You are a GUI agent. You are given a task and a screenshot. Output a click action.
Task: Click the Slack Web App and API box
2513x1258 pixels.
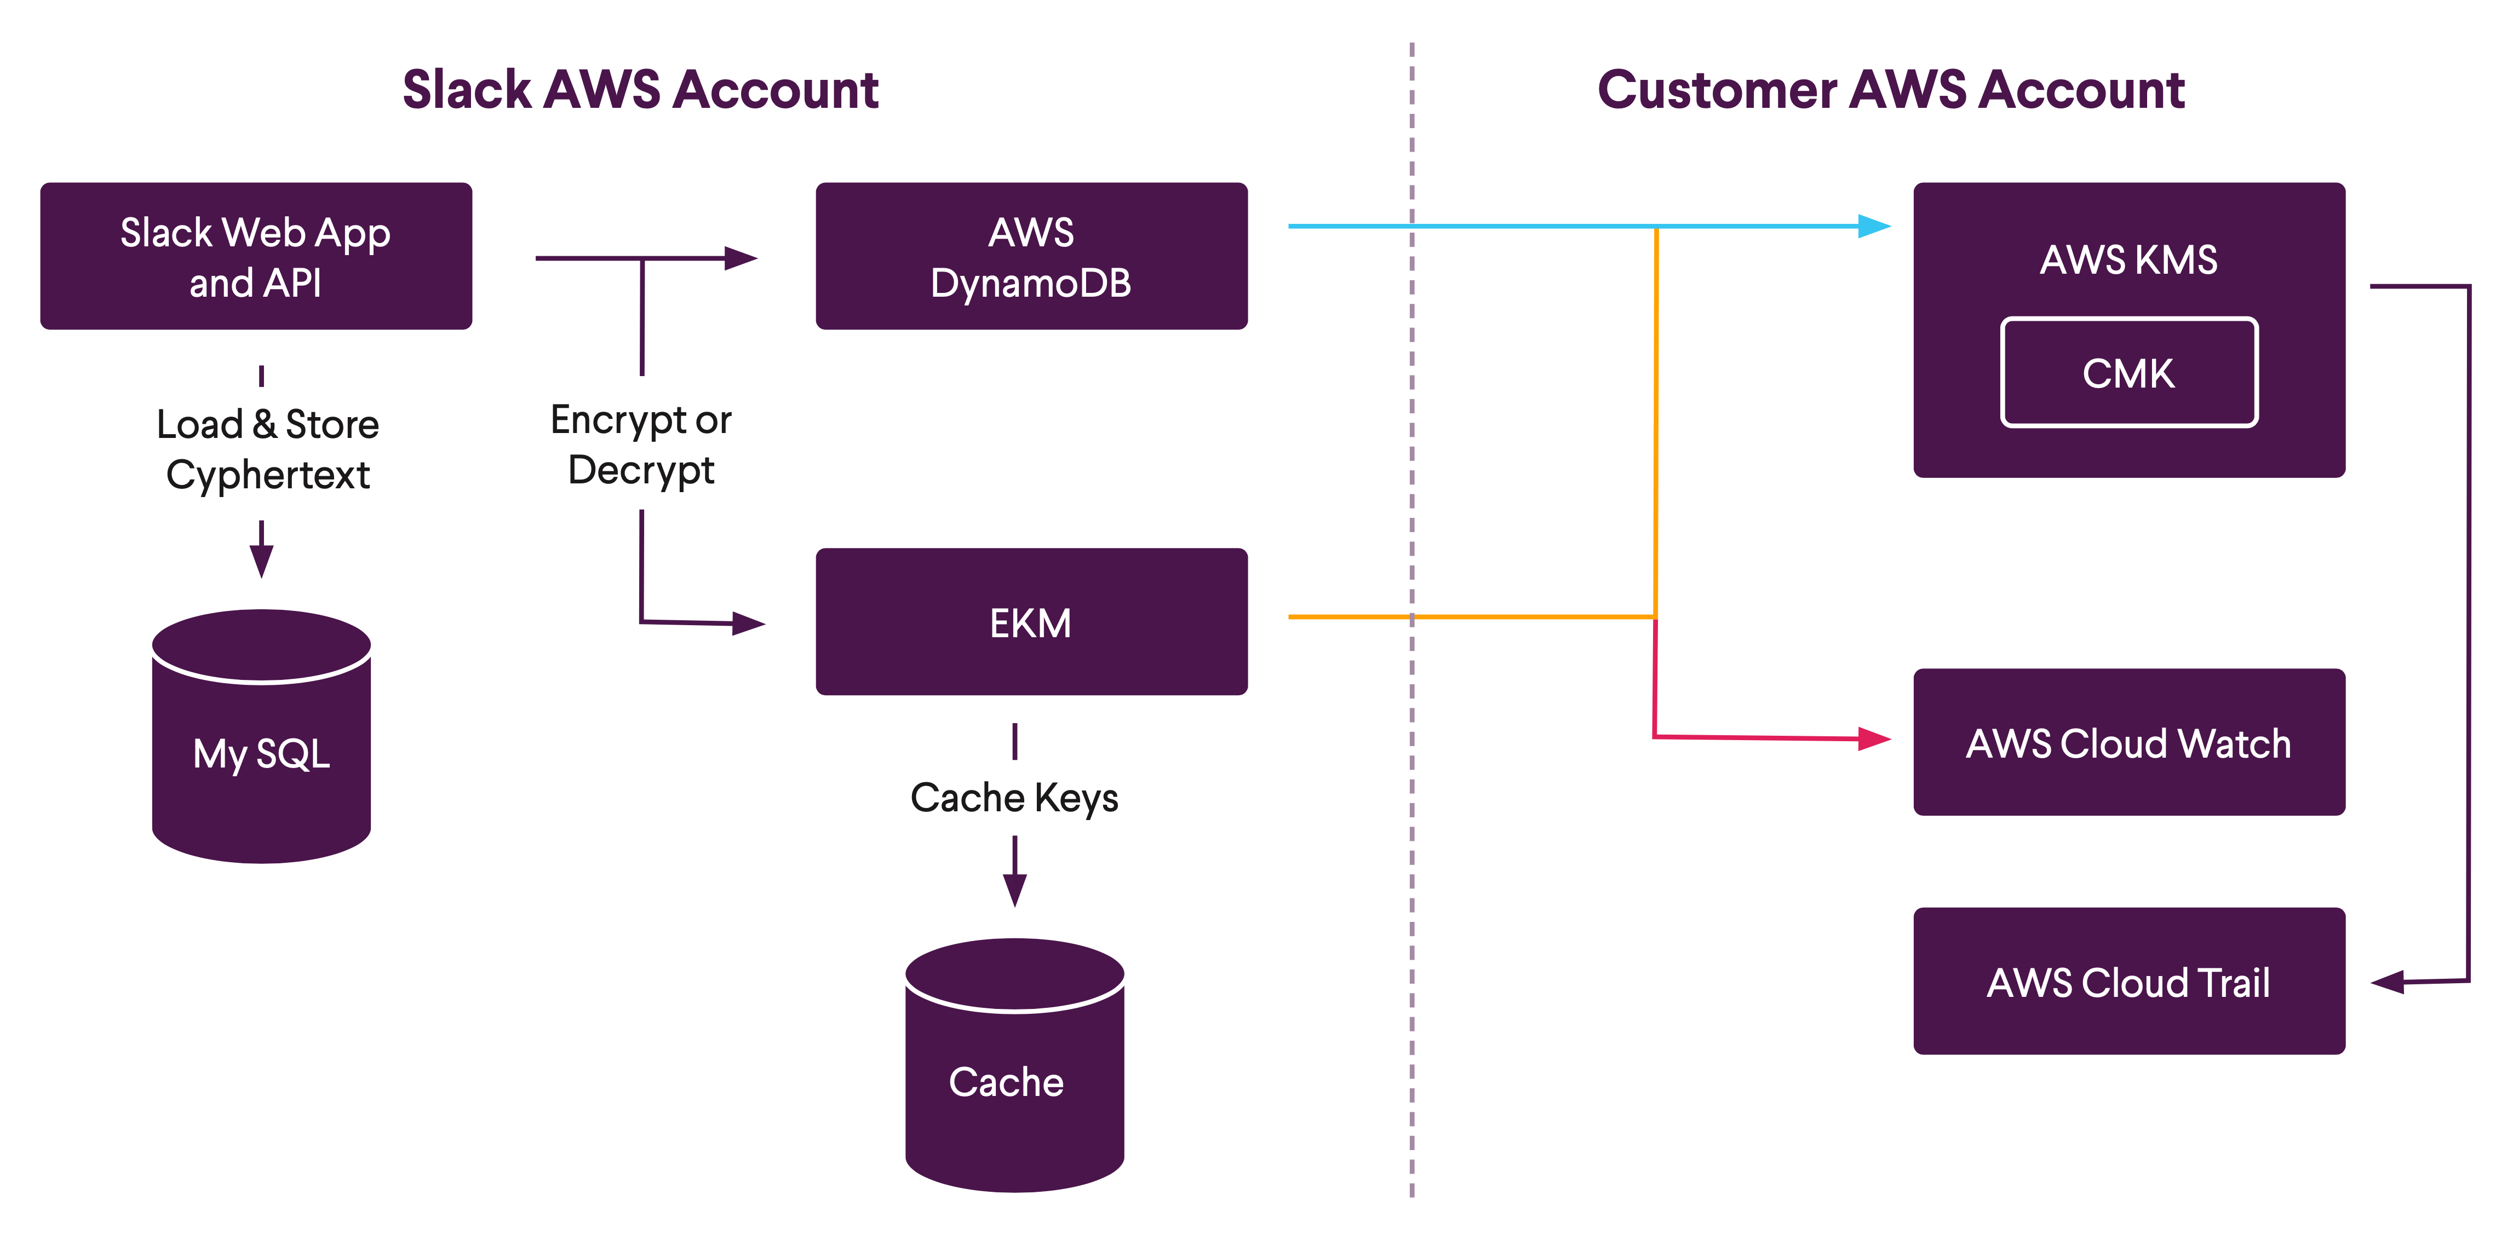tap(256, 257)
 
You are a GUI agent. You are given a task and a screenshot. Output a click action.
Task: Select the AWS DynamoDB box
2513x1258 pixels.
tap(1031, 257)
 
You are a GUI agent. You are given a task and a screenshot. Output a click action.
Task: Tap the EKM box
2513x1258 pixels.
tap(1031, 622)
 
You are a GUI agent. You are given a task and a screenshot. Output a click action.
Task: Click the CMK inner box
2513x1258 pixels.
tap(2128, 372)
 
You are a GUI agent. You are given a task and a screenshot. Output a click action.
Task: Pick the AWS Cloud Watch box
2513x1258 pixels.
tap(2128, 742)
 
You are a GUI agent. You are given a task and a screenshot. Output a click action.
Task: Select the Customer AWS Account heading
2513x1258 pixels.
tap(1891, 90)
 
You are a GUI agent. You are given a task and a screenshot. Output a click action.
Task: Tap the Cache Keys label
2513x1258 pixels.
tap(1014, 798)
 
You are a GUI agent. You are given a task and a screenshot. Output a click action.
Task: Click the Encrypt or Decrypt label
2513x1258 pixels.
tap(641, 445)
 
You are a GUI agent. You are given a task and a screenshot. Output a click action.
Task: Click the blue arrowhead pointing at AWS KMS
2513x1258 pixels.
tap(1873, 226)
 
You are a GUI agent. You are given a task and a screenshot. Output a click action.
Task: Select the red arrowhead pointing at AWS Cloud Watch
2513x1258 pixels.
tap(1873, 739)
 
